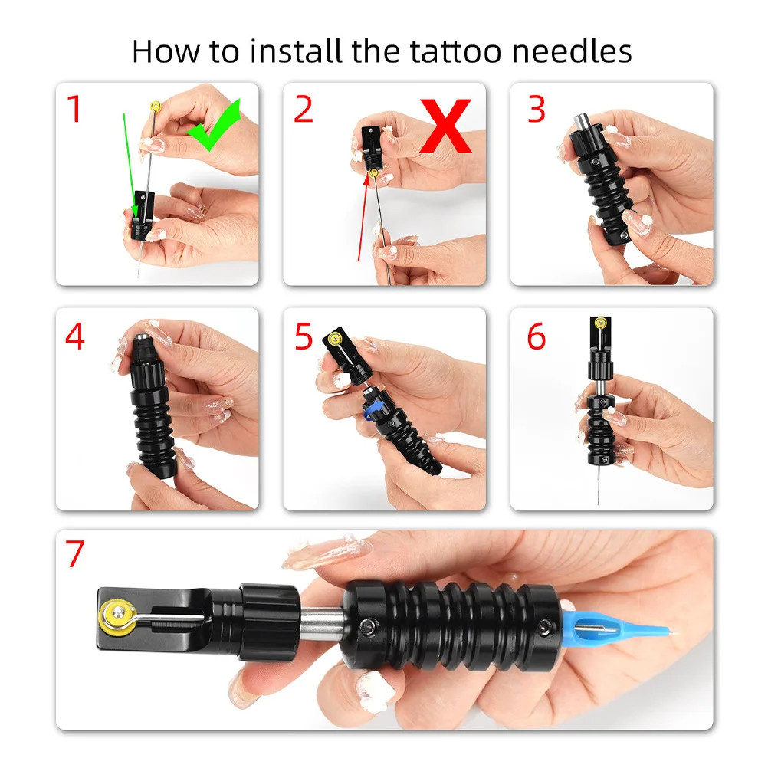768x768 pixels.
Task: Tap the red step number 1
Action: (x=74, y=109)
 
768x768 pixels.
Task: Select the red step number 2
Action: (x=303, y=109)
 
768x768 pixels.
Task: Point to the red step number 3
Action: (x=536, y=109)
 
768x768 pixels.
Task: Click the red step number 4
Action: (x=74, y=336)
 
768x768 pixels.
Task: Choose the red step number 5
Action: (x=304, y=336)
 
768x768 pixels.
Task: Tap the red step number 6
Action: (x=536, y=336)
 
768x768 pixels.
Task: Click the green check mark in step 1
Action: (x=215, y=124)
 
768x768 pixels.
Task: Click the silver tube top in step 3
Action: (x=580, y=123)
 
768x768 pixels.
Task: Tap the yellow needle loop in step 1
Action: (x=156, y=105)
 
